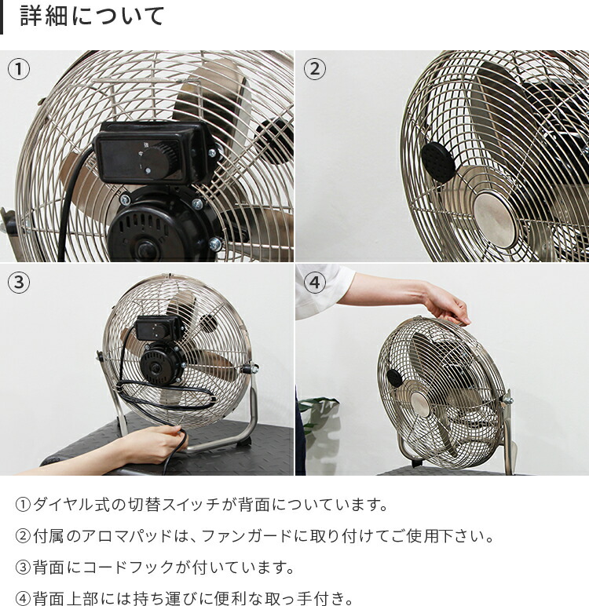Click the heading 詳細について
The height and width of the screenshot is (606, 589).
[93, 16]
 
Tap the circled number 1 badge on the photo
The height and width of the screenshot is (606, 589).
[18, 69]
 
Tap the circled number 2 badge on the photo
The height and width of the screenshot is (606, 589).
[314, 69]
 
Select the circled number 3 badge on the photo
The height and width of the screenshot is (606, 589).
[18, 283]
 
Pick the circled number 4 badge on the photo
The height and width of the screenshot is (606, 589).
[314, 283]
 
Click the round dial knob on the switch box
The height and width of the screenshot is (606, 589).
[158, 162]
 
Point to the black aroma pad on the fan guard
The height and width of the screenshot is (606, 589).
[438, 162]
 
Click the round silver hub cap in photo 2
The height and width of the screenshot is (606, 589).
[495, 216]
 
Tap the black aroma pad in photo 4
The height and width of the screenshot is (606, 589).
[395, 378]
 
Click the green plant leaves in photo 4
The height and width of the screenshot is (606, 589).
[318, 407]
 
